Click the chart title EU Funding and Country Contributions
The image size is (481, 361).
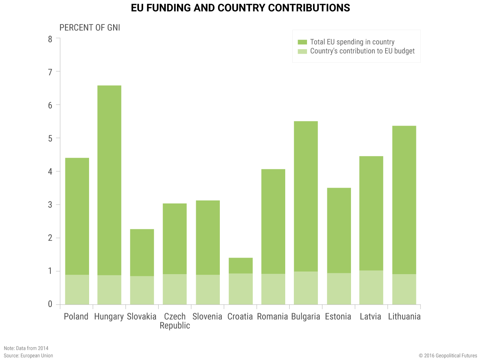[x=240, y=8]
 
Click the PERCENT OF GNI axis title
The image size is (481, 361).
[x=90, y=28]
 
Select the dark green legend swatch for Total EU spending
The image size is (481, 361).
[x=302, y=42]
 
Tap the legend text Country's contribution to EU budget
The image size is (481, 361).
[x=362, y=51]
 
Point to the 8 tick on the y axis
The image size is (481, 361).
[x=50, y=38]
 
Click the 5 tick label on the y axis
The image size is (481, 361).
[x=50, y=138]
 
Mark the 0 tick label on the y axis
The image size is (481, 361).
[x=50, y=304]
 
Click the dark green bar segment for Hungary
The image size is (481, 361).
[x=109, y=180]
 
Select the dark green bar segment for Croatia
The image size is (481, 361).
[x=240, y=265]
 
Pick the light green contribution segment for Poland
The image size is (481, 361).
[x=77, y=290]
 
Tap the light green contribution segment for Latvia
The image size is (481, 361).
[x=371, y=287]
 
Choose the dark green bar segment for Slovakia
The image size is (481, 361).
[x=142, y=253]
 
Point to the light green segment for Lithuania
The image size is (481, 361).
[x=404, y=289]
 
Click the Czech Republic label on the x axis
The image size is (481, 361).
[x=175, y=321]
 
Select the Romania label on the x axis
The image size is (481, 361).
[x=272, y=317]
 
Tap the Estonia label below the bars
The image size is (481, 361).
[x=338, y=317]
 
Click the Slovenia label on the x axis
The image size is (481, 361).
[x=207, y=317]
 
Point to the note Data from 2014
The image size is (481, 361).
[x=26, y=348]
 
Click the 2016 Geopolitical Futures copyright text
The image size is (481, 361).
[x=448, y=356]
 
